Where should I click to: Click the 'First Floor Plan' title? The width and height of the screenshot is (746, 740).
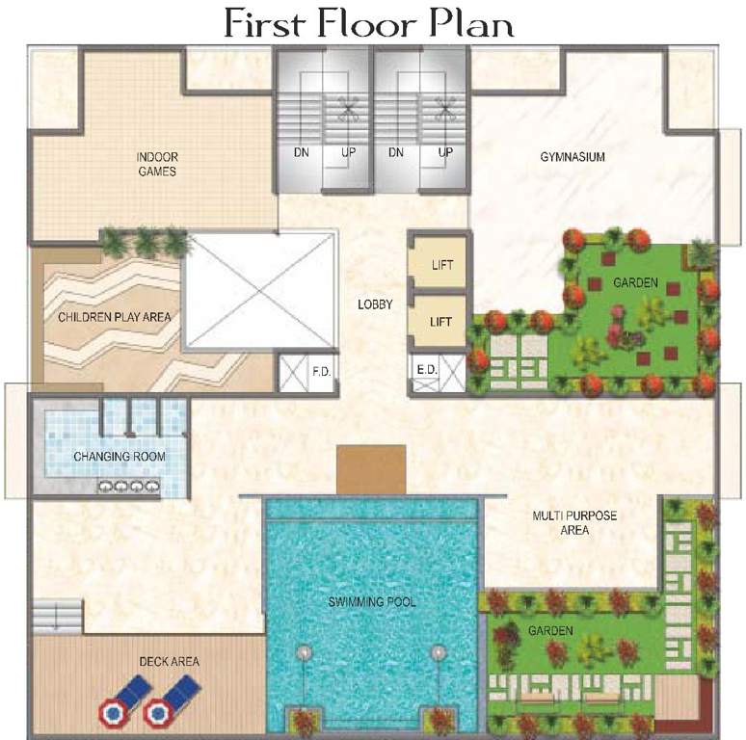click(369, 22)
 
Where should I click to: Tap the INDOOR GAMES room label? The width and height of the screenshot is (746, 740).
click(156, 165)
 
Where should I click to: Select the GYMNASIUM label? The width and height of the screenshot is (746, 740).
click(572, 157)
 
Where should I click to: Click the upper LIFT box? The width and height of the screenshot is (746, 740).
click(440, 265)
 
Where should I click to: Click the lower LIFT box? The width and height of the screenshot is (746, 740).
click(440, 323)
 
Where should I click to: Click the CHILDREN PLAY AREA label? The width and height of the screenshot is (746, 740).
click(106, 317)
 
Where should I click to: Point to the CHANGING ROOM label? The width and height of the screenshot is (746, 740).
click(119, 457)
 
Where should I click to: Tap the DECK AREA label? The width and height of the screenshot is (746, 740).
click(169, 661)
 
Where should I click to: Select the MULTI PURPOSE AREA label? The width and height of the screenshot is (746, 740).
click(574, 522)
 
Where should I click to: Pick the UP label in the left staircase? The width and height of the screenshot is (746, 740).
click(348, 152)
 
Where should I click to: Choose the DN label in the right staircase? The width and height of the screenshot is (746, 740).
click(395, 152)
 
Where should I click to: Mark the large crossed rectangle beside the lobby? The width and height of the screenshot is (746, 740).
click(260, 291)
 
